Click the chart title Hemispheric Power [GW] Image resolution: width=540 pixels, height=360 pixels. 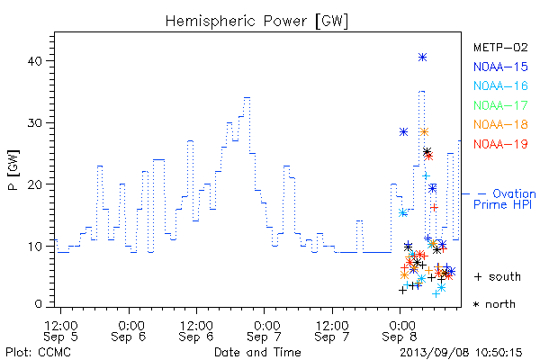[256, 22]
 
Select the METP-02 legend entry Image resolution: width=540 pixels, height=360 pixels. [500, 48]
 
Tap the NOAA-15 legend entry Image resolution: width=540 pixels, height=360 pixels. [500, 67]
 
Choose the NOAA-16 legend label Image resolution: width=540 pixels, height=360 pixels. [500, 86]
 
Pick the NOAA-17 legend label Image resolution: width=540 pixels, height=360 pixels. [500, 105]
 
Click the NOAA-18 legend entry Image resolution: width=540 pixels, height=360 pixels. [500, 125]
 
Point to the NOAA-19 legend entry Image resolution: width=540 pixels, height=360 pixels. [500, 144]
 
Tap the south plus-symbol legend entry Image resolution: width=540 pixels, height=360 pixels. [498, 276]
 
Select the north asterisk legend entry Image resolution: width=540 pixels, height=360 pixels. [494, 304]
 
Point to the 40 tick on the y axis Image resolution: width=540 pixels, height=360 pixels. [34, 61]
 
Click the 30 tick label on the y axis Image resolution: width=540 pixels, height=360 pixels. [34, 123]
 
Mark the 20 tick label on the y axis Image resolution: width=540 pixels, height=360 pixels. [34, 184]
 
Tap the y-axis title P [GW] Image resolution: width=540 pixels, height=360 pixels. [13, 170]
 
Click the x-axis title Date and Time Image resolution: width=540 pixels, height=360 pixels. [257, 353]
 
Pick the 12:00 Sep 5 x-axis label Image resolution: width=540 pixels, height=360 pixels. [60, 331]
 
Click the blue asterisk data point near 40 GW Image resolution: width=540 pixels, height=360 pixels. [423, 58]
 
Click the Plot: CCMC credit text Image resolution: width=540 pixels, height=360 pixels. [38, 353]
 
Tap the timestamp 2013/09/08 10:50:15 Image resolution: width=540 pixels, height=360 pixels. [461, 353]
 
